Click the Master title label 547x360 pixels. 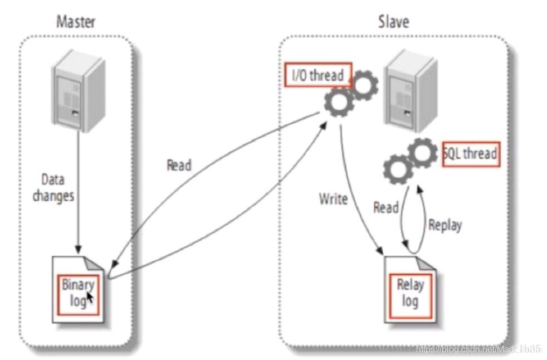(x=76, y=22)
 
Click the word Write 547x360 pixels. (x=334, y=198)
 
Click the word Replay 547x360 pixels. (x=445, y=226)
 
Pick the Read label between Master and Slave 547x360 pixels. (x=179, y=166)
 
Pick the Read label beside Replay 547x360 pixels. (x=385, y=208)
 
